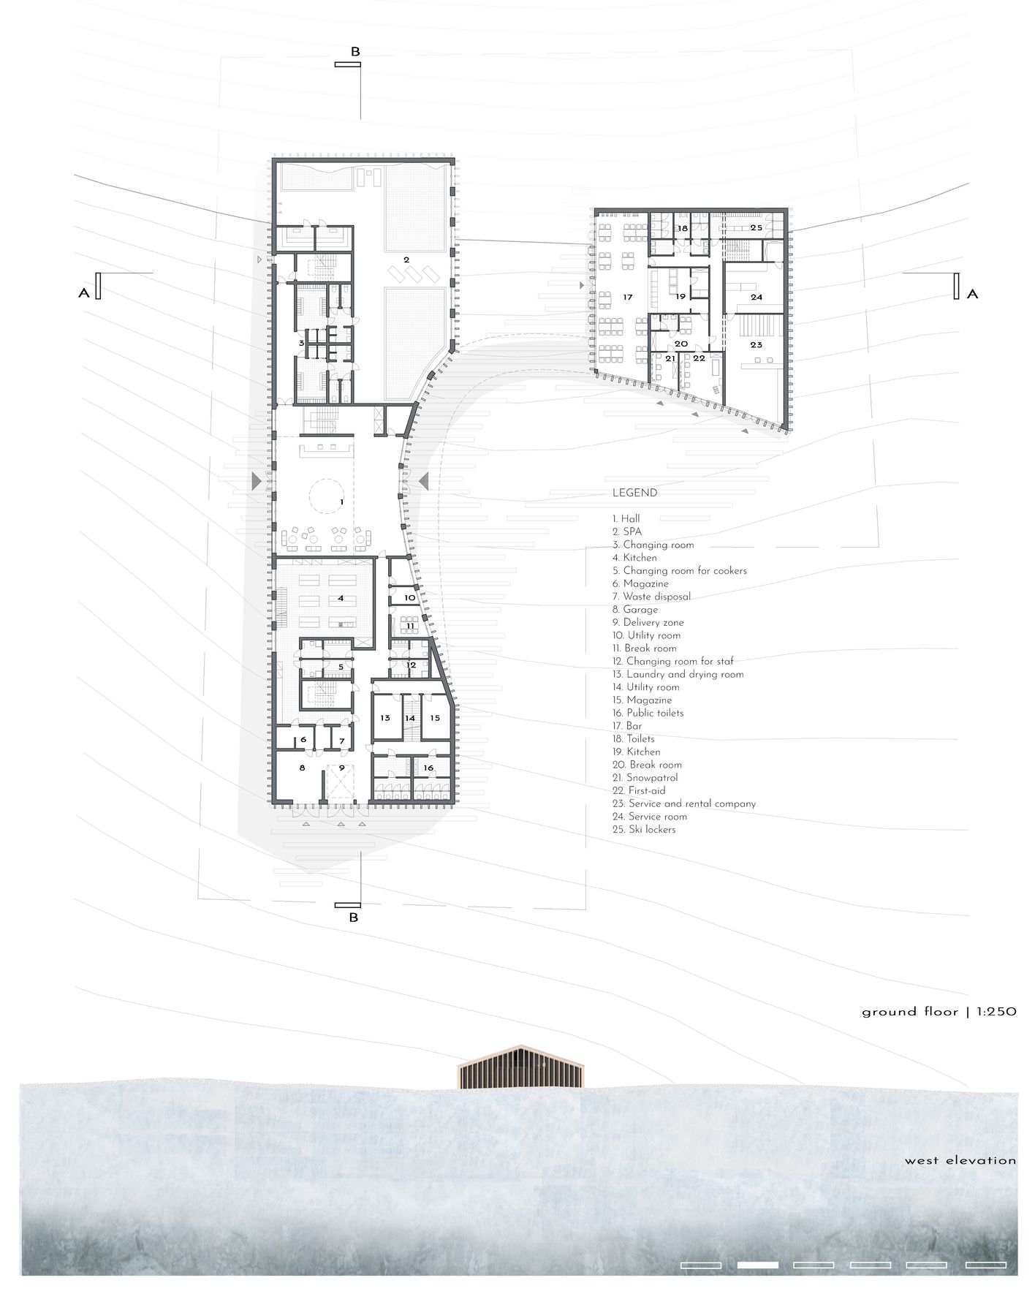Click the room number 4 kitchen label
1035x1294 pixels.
coord(341,597)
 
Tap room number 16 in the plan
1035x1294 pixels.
coord(428,768)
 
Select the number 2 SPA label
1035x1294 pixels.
coord(406,259)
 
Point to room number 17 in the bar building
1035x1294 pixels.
coord(627,297)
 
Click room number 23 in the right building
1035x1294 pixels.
coord(755,344)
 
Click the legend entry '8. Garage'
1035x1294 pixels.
coord(635,609)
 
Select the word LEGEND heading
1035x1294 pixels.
coord(634,493)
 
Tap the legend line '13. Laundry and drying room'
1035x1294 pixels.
coord(678,674)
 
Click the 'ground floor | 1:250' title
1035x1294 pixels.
coord(939,1012)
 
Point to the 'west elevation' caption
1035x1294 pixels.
coord(960,1160)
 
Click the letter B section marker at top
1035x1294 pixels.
coord(355,52)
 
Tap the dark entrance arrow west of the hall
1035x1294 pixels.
coord(256,480)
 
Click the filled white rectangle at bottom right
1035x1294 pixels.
coord(757,1265)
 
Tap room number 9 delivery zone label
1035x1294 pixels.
coord(341,768)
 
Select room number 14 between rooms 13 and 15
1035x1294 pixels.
coord(410,718)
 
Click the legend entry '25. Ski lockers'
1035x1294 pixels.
coord(644,830)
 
